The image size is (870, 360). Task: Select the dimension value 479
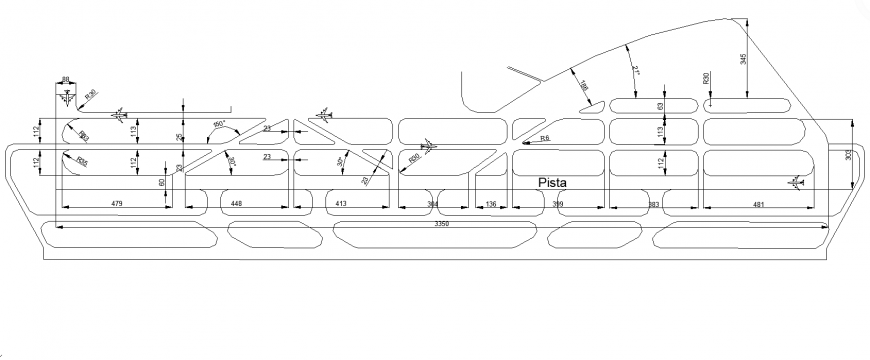pyautogui.click(x=116, y=204)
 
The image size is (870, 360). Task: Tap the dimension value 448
pyautogui.click(x=237, y=204)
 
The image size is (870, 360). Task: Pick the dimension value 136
pyautogui.click(x=490, y=204)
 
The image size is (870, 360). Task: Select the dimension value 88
pyautogui.click(x=66, y=79)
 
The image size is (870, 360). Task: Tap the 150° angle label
pyautogui.click(x=219, y=124)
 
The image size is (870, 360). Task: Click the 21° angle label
pyautogui.click(x=635, y=70)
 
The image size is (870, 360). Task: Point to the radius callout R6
pyautogui.click(x=544, y=138)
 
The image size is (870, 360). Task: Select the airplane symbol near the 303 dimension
pyautogui.click(x=796, y=182)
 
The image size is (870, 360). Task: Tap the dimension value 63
pyautogui.click(x=660, y=105)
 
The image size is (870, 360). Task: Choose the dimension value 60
pyautogui.click(x=160, y=182)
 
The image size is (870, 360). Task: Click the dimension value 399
pyautogui.click(x=559, y=204)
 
